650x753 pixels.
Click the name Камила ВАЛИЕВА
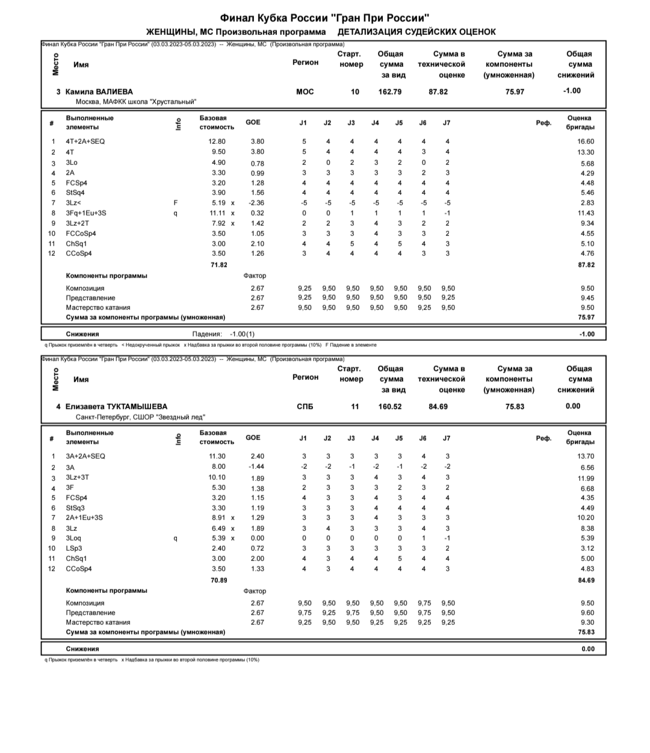99,91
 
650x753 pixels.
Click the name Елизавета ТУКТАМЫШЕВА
116,406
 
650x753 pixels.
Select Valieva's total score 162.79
390,91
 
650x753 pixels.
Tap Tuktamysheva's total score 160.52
390,406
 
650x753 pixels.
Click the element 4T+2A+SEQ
85,141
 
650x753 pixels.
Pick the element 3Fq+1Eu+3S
86,213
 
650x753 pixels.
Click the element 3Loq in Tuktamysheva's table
75,538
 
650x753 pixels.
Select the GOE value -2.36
257,203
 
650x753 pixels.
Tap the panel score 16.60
585,141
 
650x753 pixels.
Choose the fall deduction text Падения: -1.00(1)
223,334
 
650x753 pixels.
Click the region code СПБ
305,406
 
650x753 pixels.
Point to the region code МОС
305,91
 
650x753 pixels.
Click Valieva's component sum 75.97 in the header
515,91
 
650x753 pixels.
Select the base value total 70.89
218,580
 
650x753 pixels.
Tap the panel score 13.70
585,456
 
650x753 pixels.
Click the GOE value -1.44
257,466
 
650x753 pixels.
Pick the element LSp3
74,548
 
